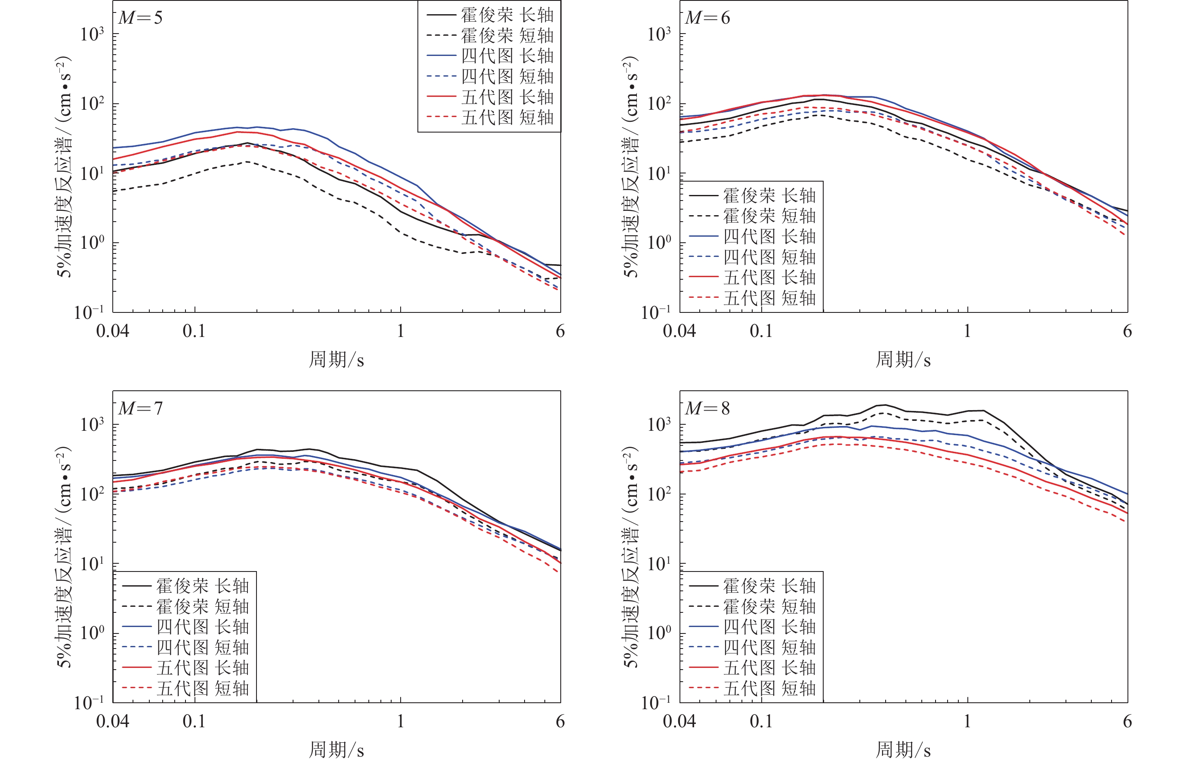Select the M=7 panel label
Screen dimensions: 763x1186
pos(140,409)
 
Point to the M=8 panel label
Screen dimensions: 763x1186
pos(707,409)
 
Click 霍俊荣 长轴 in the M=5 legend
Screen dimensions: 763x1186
pos(507,15)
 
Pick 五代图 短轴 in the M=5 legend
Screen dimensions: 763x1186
pos(507,117)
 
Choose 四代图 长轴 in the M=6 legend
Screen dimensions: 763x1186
pos(769,236)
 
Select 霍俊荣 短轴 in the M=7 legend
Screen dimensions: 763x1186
pos(202,606)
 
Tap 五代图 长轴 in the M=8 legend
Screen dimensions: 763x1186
pos(769,668)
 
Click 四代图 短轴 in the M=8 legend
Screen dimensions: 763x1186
pos(769,648)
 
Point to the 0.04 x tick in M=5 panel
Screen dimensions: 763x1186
pos(112,331)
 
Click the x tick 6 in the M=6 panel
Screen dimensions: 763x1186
pos(1127,331)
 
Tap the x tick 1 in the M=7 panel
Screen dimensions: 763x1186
pos(400,721)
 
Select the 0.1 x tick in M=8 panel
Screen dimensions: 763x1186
pos(761,721)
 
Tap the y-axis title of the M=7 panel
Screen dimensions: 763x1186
pos(64,557)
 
